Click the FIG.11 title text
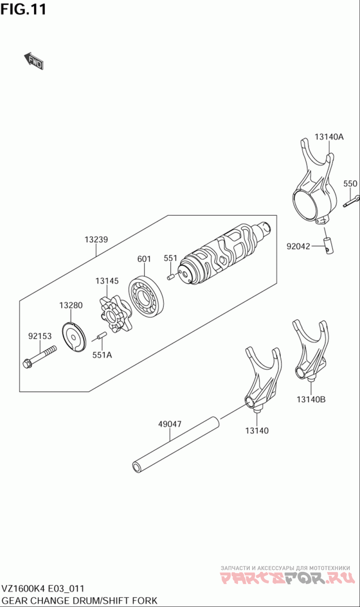point(23,9)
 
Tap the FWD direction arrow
point(33,61)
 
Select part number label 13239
point(96,240)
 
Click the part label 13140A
point(329,137)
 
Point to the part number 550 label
point(350,184)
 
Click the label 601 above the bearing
point(144,259)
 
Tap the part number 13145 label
point(107,281)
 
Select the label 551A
point(102,354)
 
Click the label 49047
point(170,424)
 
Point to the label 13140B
point(310,399)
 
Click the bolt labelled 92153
point(40,356)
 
